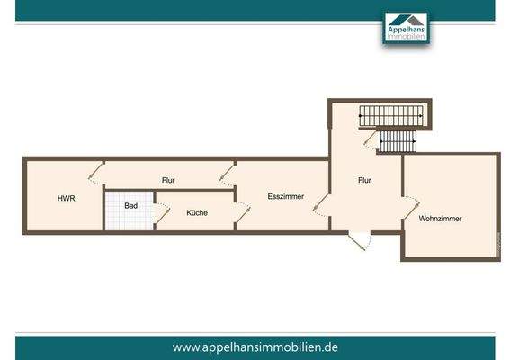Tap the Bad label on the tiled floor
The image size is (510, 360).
tap(131, 206)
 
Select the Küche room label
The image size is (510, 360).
tap(197, 213)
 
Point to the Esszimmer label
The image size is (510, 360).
tap(284, 196)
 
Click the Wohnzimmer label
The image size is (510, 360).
tap(440, 218)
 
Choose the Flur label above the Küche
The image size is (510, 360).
tap(168, 180)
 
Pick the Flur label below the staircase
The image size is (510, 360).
tap(364, 180)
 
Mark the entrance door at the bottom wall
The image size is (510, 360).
tap(359, 241)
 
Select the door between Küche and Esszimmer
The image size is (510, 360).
tap(242, 213)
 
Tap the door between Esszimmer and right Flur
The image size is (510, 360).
tap(320, 206)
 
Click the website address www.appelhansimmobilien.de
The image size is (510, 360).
tap(255, 346)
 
